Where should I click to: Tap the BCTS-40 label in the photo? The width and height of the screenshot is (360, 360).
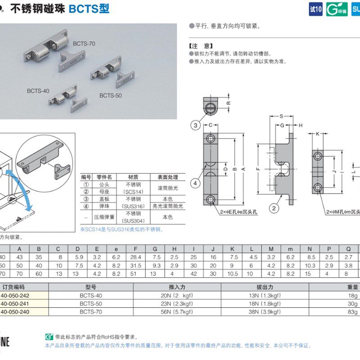click(x=38, y=90)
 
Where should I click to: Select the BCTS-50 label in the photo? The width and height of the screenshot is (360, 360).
click(x=110, y=95)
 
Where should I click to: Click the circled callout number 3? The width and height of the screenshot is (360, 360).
click(x=195, y=126)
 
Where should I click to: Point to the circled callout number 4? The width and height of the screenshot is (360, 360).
click(x=195, y=183)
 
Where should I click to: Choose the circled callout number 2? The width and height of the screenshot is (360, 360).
click(x=273, y=207)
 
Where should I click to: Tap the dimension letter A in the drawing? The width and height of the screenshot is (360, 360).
click(x=243, y=169)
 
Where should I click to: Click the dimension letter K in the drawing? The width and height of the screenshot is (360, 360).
click(x=317, y=134)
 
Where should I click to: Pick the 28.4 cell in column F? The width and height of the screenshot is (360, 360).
click(x=135, y=257)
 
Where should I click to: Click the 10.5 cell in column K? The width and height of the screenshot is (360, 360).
click(x=232, y=273)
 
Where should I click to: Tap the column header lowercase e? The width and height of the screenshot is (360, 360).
click(x=116, y=249)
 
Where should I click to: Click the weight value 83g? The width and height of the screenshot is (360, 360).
click(x=352, y=311)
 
